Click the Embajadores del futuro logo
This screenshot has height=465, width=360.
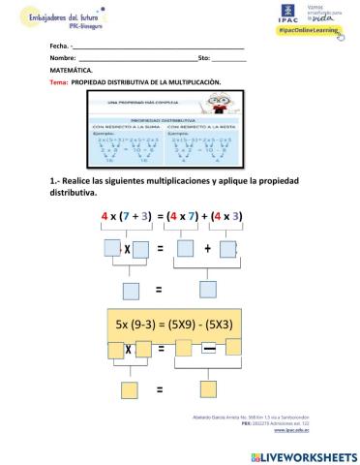click(56, 17)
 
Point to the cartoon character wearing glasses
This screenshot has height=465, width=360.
click(234, 106)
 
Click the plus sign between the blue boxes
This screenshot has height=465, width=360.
click(207, 249)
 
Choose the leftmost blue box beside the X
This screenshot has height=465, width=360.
click(112, 249)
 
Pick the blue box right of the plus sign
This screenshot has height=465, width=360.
click(228, 249)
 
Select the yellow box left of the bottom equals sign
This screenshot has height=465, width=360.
click(126, 391)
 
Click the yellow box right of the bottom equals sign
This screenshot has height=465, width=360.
click(207, 390)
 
